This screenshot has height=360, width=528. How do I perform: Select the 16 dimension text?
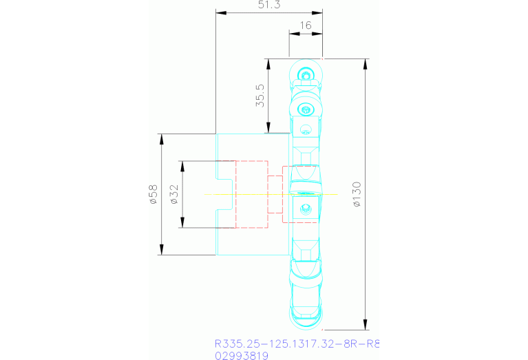(x=306, y=25)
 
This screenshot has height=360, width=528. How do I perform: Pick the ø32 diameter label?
(x=173, y=195)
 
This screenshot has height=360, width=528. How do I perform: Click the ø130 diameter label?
(x=355, y=195)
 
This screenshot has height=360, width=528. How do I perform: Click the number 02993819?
(x=241, y=356)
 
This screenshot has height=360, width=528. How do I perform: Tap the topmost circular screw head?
(x=305, y=74)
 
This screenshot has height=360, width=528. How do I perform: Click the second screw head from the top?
(x=305, y=107)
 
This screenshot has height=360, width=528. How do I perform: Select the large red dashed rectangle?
(x=251, y=195)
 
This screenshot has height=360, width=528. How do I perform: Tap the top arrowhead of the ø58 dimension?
(x=162, y=138)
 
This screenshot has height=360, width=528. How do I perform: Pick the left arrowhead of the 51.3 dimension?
(x=221, y=12)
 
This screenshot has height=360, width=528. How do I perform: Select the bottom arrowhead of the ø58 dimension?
(x=162, y=251)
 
